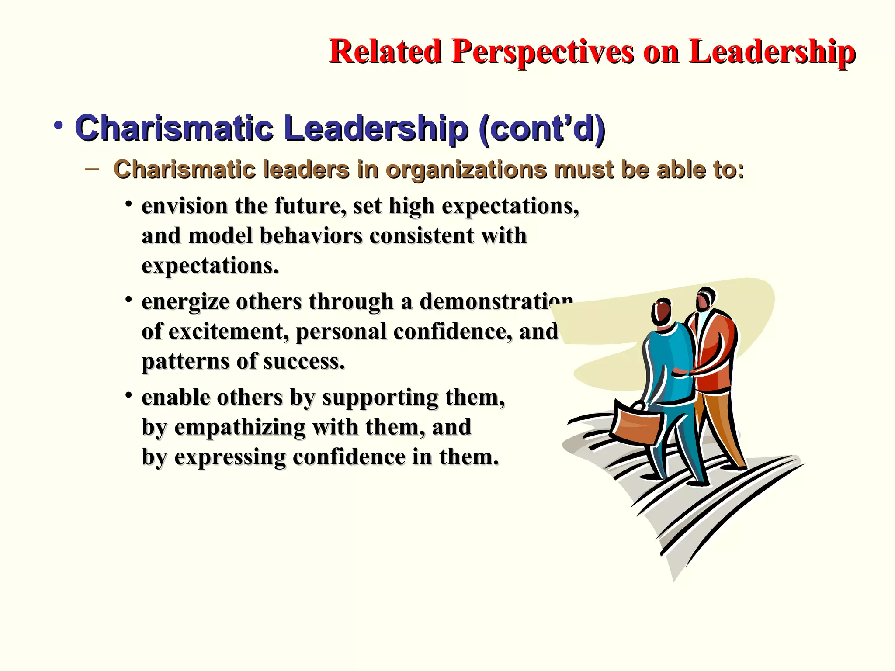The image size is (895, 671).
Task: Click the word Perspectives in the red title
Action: pos(542,52)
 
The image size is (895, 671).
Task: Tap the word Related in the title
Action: pos(385,52)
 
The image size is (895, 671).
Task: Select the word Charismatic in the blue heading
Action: pos(174,128)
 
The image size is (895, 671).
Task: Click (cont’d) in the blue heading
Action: pos(542,128)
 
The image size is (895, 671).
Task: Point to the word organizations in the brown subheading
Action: pos(466,170)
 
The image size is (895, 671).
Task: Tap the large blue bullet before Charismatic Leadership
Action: pos(59,126)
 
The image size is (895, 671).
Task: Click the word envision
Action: pos(184,206)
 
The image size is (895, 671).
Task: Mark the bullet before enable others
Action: pos(128,396)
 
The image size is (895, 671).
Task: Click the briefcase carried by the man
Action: pos(636,423)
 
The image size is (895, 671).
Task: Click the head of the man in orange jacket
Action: pos(704,299)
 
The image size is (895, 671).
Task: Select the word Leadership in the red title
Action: pos(772,52)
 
